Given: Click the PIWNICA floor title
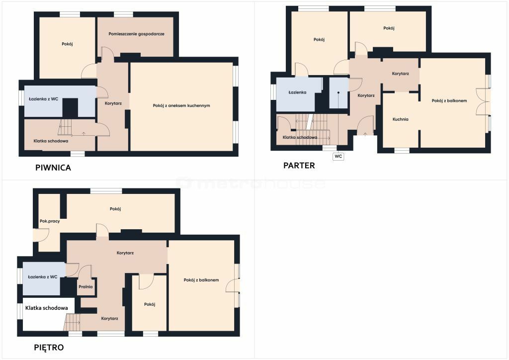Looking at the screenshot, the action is coord(53,168).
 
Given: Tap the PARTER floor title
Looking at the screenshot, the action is coord(299,165).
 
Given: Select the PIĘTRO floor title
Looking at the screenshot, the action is coord(49,348).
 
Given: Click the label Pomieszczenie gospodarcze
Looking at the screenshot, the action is coord(136,34).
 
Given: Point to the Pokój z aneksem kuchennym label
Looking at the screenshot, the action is coord(181,105).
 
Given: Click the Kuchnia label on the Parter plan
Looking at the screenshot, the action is coord(400,119).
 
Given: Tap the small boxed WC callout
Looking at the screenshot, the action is coord(338,156).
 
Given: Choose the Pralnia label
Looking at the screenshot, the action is coord(85,286).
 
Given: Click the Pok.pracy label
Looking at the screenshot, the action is coord(50,221).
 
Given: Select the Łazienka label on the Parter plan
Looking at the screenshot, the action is coord(297,92).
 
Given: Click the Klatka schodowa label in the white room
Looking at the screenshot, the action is coord(47,308).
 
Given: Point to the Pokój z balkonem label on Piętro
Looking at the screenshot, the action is coord(201,280).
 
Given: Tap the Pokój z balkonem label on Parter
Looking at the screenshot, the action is coord(449,100).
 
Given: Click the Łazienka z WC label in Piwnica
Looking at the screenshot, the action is coord(44,98).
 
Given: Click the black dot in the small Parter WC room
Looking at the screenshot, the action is coord(338,92).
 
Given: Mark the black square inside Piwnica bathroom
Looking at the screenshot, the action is coord(70,108).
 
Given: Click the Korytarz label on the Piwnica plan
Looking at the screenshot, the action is coord(113,103).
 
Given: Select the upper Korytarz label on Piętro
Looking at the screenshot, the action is coord(125,253).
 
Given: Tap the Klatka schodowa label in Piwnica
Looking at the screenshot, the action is coord(51,141).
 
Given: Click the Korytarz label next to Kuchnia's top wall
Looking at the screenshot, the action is coord(400,74).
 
